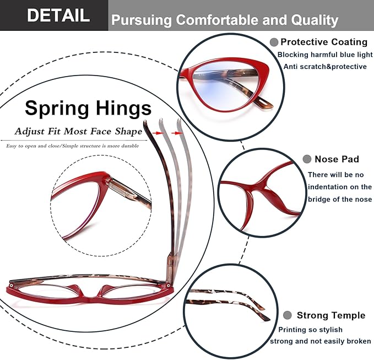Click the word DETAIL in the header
coord(58,15)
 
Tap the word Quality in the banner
coord(315,20)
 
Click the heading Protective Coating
coord(324,42)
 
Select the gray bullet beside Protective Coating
coord(274,42)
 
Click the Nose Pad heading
coord(337,159)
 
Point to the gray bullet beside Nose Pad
coord(307,159)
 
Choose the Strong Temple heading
coord(331,315)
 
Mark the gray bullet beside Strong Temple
coord(288,315)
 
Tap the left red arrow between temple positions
coord(157,133)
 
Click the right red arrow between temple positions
coord(176,133)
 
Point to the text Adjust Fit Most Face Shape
coord(78,131)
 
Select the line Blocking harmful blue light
coord(325,55)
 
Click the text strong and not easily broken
coord(321,341)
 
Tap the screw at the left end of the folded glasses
coord(10,286)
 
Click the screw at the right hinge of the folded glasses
coord(169,284)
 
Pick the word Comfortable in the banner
coord(218,20)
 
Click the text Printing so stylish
coord(310,330)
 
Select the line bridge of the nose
coord(340,199)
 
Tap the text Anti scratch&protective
coord(325,67)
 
